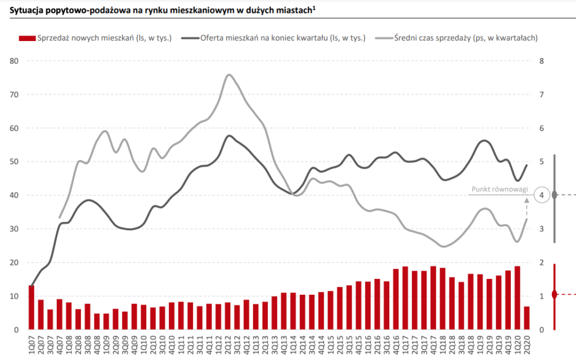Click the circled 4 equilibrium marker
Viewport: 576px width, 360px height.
tap(541, 195)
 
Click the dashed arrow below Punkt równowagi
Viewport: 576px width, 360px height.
tap(526, 208)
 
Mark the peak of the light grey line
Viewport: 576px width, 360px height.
tap(229, 74)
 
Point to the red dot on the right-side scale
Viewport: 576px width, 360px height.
tap(555, 294)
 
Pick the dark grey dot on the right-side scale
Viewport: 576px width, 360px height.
tap(555, 195)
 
